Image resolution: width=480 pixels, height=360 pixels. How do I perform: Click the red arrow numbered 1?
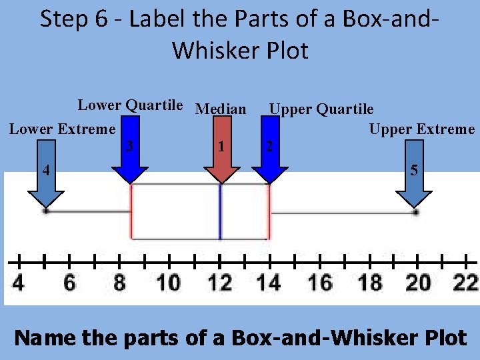[221, 151]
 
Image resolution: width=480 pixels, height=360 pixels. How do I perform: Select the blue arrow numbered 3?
[130, 151]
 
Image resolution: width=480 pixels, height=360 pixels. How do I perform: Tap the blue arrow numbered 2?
[270, 151]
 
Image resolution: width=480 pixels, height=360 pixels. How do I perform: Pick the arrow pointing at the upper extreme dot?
[414, 189]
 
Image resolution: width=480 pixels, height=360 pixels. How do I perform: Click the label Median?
[221, 109]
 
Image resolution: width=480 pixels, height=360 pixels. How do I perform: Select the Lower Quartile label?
[130, 105]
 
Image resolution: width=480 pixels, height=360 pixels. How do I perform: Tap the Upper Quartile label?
[321, 109]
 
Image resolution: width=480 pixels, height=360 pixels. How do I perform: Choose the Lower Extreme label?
[62, 129]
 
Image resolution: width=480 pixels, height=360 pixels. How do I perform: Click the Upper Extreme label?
[422, 129]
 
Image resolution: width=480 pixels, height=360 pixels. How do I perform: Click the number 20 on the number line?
[418, 283]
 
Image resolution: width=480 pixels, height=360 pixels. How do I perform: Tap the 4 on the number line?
[19, 283]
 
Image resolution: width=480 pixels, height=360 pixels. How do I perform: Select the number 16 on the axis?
[319, 283]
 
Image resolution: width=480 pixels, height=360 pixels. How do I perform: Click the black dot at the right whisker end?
[415, 212]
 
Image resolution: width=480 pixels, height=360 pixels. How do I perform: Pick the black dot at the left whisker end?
[46, 211]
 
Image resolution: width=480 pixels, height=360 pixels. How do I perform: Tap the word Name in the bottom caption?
[45, 337]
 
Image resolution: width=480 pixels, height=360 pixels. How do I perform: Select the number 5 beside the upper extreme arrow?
[414, 171]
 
